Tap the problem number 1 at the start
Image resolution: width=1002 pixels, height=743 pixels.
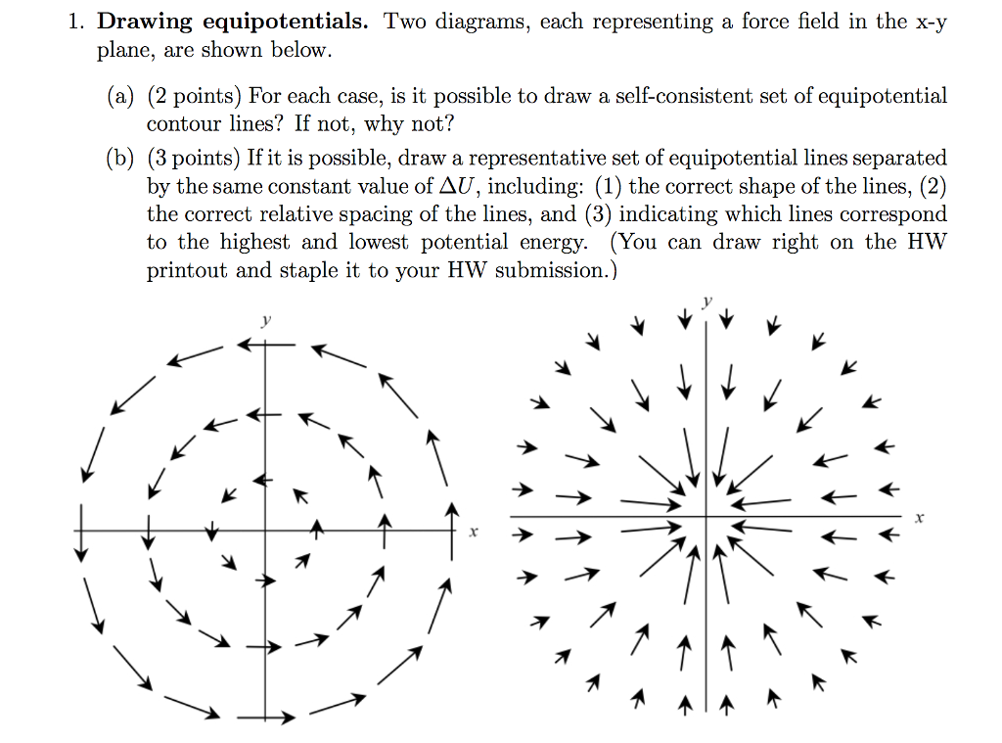[75, 23]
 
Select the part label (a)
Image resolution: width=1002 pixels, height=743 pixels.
[120, 96]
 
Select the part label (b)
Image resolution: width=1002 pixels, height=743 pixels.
[120, 158]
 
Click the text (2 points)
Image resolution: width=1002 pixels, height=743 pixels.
[195, 96]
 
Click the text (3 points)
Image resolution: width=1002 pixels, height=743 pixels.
[195, 158]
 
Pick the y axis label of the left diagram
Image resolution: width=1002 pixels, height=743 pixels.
[266, 320]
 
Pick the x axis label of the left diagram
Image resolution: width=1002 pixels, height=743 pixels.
[474, 532]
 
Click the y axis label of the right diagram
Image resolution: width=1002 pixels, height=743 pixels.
[707, 302]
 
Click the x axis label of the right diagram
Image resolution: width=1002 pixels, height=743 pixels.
[919, 518]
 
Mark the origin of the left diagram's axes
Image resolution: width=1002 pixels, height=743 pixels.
[266, 530]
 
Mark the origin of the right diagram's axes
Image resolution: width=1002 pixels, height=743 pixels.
[706, 516]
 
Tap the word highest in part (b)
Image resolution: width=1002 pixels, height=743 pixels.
[254, 243]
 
